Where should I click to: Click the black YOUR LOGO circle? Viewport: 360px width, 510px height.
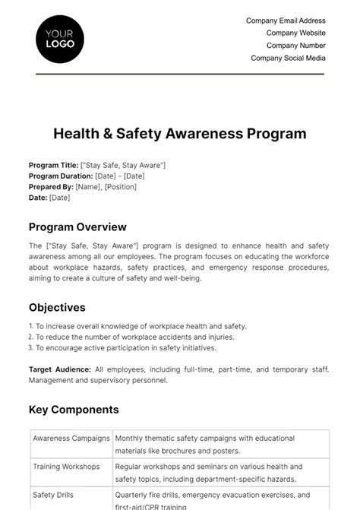click(x=60, y=39)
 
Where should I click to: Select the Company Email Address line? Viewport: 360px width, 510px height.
click(x=286, y=21)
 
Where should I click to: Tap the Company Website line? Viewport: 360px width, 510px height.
click(x=295, y=33)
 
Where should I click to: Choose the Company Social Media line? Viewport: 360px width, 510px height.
click(x=288, y=58)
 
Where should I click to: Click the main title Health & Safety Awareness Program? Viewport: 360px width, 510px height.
click(x=180, y=134)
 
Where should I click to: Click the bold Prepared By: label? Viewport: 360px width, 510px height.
click(x=51, y=186)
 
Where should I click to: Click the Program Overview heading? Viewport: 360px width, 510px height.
click(x=77, y=226)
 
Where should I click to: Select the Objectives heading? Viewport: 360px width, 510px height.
click(x=57, y=307)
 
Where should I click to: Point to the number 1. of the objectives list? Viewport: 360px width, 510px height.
click(x=32, y=326)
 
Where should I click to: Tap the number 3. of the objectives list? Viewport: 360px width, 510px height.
click(x=32, y=347)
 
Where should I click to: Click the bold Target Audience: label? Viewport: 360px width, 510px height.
click(x=60, y=369)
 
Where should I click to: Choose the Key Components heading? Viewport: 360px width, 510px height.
click(x=74, y=410)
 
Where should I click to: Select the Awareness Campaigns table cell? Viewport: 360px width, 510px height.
click(x=71, y=439)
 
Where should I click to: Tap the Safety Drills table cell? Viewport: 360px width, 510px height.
click(x=52, y=493)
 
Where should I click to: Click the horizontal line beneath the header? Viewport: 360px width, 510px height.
click(x=180, y=74)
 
